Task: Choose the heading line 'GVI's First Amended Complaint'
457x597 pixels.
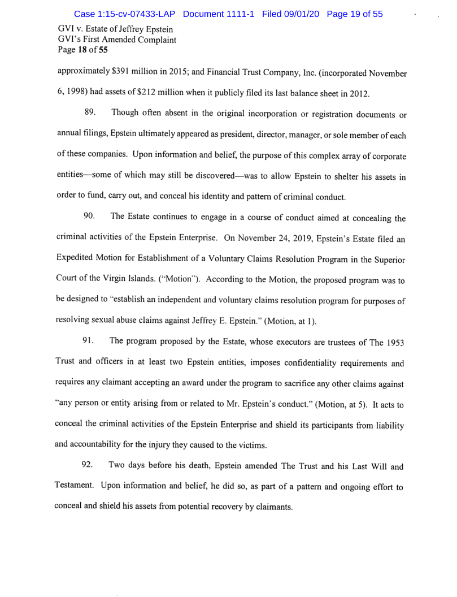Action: [117, 40]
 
